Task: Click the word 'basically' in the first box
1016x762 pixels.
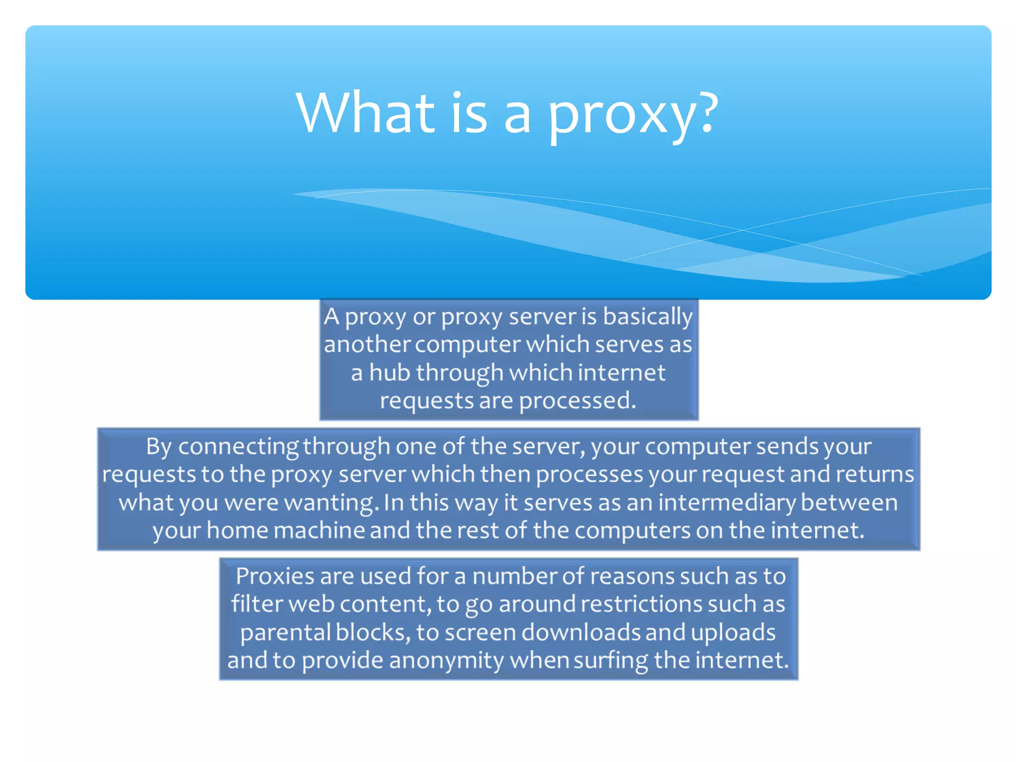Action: click(647, 317)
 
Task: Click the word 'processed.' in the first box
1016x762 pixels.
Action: click(577, 400)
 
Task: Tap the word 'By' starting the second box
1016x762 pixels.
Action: click(159, 446)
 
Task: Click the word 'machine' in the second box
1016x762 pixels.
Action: click(319, 530)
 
